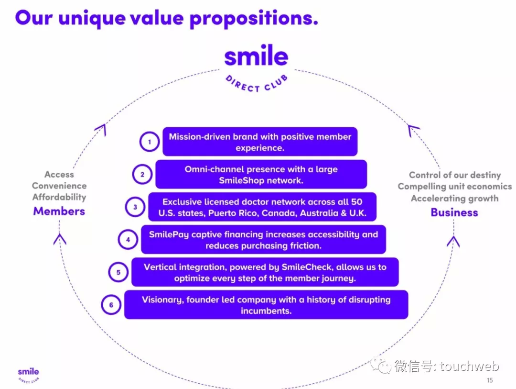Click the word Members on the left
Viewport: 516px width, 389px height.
pyautogui.click(x=59, y=211)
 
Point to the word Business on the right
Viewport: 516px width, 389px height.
pyautogui.click(x=454, y=212)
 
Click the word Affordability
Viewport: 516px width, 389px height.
pyautogui.click(x=59, y=197)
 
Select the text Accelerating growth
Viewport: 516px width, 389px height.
pyautogui.click(x=454, y=199)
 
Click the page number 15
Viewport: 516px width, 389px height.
pyautogui.click(x=490, y=380)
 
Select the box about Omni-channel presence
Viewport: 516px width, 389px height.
pyautogui.click(x=261, y=174)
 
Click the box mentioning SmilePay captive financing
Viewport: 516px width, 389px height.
pyautogui.click(x=263, y=240)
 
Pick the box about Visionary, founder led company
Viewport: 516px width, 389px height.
pyautogui.click(x=266, y=305)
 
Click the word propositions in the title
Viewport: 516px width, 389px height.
pyautogui.click(x=254, y=18)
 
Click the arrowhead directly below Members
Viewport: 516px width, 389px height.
pyautogui.click(x=60, y=239)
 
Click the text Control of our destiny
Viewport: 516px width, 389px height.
pyautogui.click(x=455, y=175)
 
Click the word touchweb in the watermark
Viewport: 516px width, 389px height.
pyautogui.click(x=469, y=366)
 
